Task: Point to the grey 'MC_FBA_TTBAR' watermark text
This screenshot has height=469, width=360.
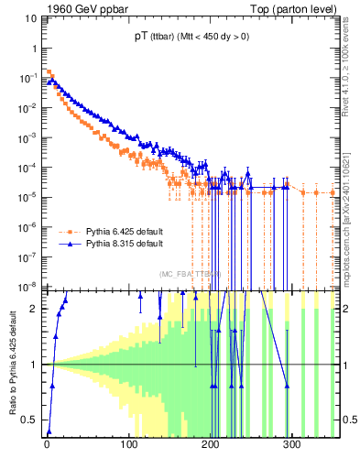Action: click(191, 274)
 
